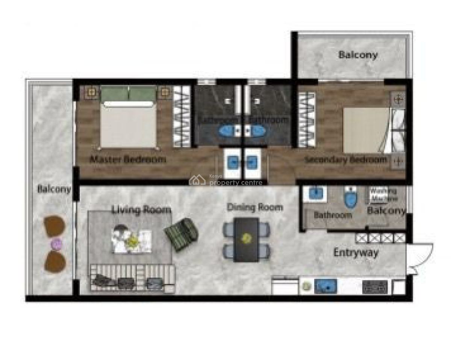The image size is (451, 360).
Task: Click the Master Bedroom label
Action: [x=127, y=159]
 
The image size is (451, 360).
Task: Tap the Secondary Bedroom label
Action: [x=346, y=160]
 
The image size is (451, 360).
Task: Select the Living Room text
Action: [x=141, y=210]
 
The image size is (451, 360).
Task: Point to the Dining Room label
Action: [x=255, y=207]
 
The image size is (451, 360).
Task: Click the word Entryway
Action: [x=356, y=253]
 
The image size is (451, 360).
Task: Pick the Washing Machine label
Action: [x=383, y=194]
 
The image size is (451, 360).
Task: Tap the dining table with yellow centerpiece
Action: [x=246, y=239]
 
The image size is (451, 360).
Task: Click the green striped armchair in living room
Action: [x=181, y=234]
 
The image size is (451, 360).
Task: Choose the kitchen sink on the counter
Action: [x=326, y=287]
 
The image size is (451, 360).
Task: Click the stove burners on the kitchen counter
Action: [x=375, y=287]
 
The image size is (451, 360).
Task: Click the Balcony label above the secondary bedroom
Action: [x=358, y=55]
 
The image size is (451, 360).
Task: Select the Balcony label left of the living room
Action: [x=54, y=189]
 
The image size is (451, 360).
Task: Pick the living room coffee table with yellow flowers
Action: [x=132, y=240]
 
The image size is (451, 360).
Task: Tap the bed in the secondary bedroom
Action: [x=366, y=130]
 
